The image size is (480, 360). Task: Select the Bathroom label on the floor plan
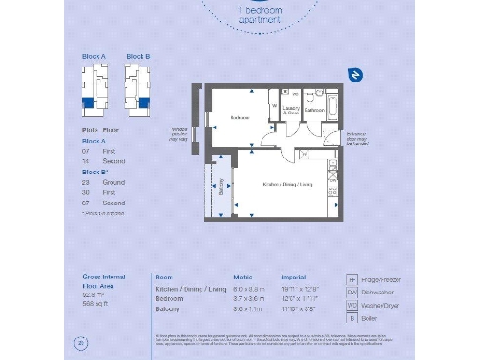(314, 110)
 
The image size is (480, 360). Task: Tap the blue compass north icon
(355, 75)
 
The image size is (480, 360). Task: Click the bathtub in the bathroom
(332, 98)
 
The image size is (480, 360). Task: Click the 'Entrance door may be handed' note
(363, 141)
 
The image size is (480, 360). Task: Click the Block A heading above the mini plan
(94, 57)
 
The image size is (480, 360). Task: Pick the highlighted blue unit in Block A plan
(87, 104)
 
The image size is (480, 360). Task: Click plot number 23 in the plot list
(85, 183)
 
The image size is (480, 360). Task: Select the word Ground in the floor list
(113, 183)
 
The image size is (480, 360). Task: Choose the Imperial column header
(294, 278)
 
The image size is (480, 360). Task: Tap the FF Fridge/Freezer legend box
(352, 279)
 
